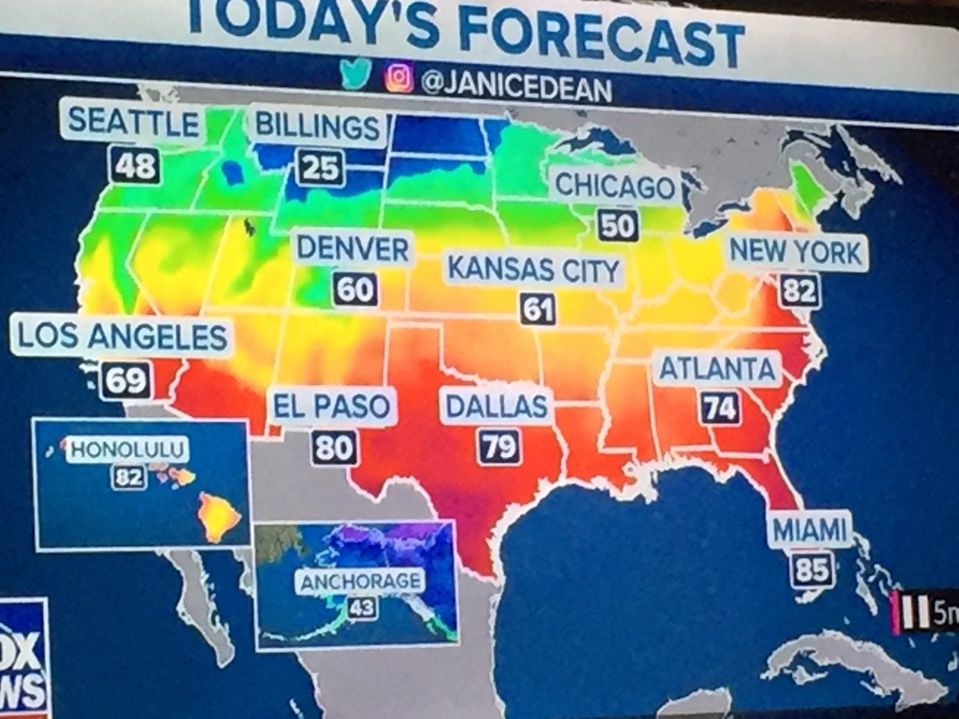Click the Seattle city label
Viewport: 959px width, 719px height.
[133, 122]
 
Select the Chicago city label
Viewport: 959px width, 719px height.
[615, 186]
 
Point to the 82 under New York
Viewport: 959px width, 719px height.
[798, 290]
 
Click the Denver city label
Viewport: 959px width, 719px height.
[352, 249]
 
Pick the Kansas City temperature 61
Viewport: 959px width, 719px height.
[537, 308]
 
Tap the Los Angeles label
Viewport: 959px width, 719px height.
[122, 337]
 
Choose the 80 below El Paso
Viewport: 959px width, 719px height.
[334, 447]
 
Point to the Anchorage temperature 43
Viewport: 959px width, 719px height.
[361, 609]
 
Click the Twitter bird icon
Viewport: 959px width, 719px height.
[356, 73]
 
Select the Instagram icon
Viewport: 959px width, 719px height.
[399, 78]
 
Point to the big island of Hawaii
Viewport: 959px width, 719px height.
[218, 516]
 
